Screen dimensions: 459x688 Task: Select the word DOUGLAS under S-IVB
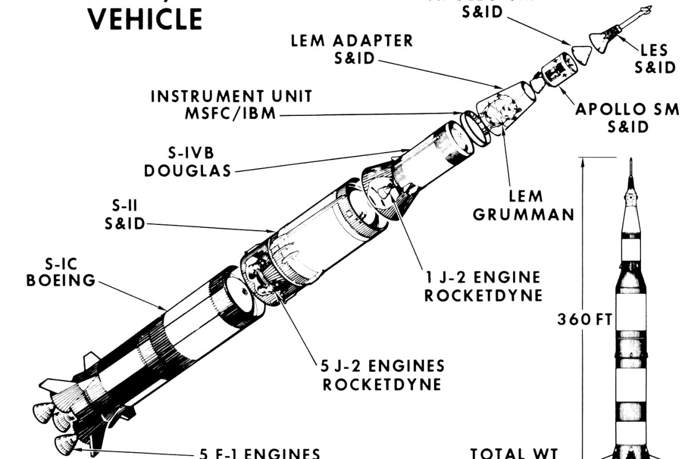(x=187, y=170)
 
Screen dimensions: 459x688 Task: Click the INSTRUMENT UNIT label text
(x=231, y=96)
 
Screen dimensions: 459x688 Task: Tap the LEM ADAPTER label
(x=351, y=41)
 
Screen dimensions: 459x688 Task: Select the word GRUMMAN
(x=523, y=215)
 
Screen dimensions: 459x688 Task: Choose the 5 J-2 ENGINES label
(x=382, y=365)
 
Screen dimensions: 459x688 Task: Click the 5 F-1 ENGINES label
(x=259, y=454)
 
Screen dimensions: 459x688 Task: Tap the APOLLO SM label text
(x=627, y=109)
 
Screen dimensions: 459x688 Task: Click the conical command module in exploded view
(x=585, y=57)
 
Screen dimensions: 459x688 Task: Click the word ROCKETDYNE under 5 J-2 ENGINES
(x=382, y=384)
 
